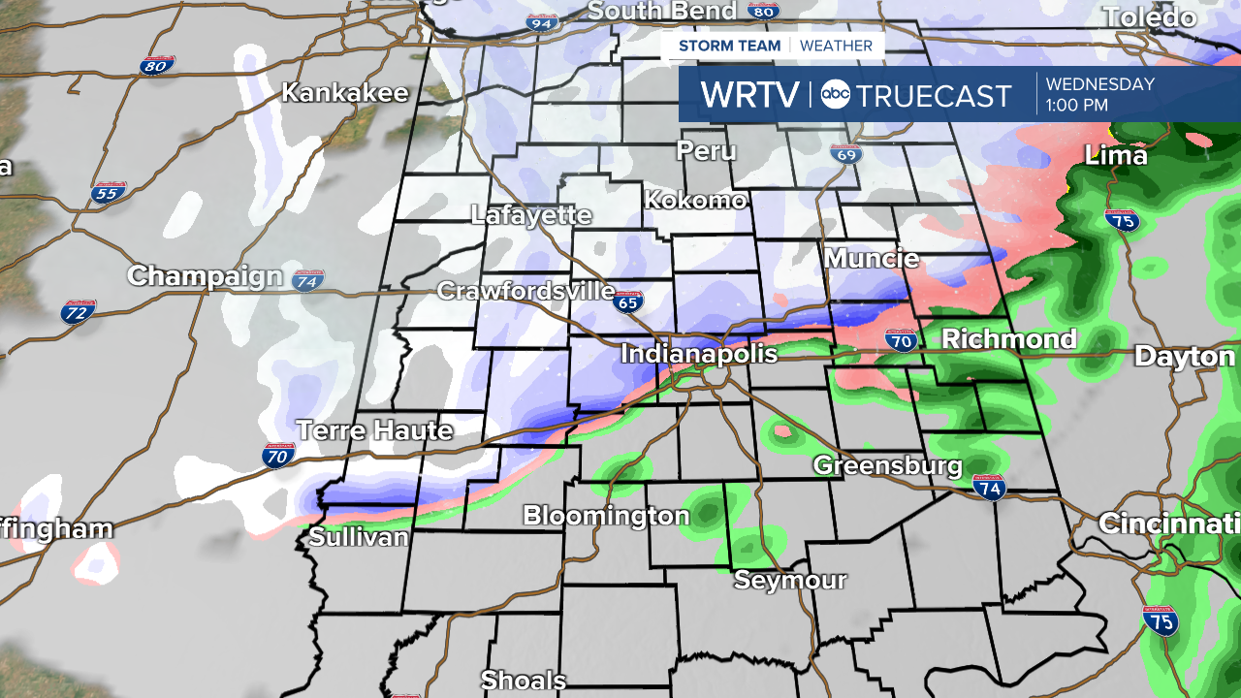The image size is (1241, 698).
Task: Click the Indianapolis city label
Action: (x=699, y=354)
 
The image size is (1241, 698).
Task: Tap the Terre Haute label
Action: (x=374, y=430)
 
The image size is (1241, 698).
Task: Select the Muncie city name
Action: (x=872, y=259)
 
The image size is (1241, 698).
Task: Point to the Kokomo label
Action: (x=695, y=201)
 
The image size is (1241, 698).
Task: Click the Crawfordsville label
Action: (x=525, y=291)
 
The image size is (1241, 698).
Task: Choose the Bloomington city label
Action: (x=606, y=516)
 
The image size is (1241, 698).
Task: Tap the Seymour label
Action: (x=790, y=581)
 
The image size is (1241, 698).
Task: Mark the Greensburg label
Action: (x=887, y=465)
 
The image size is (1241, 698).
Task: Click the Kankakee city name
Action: (x=345, y=93)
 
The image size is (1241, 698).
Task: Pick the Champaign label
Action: (x=205, y=276)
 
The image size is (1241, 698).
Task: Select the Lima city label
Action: (x=1116, y=155)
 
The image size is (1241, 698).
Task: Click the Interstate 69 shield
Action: (x=845, y=153)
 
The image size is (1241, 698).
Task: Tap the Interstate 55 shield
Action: (x=110, y=192)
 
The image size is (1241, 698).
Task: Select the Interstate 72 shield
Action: (x=79, y=311)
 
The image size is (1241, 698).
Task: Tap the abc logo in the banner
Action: (x=836, y=95)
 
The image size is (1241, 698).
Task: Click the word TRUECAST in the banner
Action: (x=935, y=96)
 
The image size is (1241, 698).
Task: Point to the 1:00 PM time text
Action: (x=1077, y=106)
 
